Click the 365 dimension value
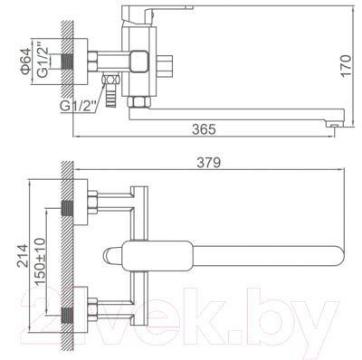[x=205, y=130]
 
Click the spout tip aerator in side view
[x=334, y=118]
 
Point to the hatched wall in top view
[x=66, y=262]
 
